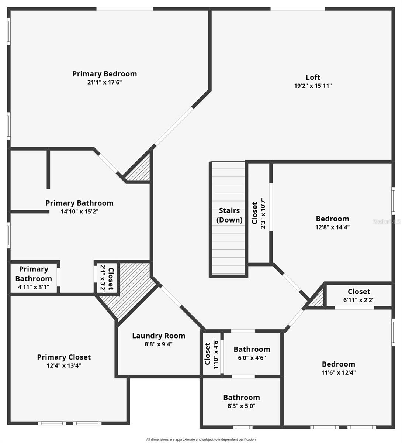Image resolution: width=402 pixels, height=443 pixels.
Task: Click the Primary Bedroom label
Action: (x=104, y=74)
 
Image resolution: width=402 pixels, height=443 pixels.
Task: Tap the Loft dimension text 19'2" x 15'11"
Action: (x=313, y=86)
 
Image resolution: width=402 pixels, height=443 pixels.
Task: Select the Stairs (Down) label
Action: (x=229, y=215)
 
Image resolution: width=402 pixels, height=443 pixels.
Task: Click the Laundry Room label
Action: (x=159, y=336)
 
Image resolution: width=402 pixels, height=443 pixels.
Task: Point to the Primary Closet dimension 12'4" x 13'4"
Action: (x=64, y=365)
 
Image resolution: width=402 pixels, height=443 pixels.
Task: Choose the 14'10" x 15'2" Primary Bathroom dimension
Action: (x=79, y=212)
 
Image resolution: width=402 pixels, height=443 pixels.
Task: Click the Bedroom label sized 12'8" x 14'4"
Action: (x=332, y=219)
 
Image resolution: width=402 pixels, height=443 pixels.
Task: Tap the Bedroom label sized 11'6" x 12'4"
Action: (x=338, y=364)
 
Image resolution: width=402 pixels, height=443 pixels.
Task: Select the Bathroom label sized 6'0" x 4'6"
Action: (x=252, y=349)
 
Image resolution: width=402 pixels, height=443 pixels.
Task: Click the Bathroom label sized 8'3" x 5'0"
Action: (x=242, y=397)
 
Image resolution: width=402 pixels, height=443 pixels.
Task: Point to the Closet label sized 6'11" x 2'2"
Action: (x=359, y=292)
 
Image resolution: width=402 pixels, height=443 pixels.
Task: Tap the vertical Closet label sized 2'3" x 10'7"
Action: (x=254, y=213)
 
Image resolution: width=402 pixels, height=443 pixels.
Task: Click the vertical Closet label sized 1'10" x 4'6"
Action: (x=207, y=354)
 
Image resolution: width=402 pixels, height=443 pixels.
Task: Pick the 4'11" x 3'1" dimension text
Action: (x=34, y=287)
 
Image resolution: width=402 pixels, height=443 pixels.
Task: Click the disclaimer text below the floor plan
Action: (x=201, y=439)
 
